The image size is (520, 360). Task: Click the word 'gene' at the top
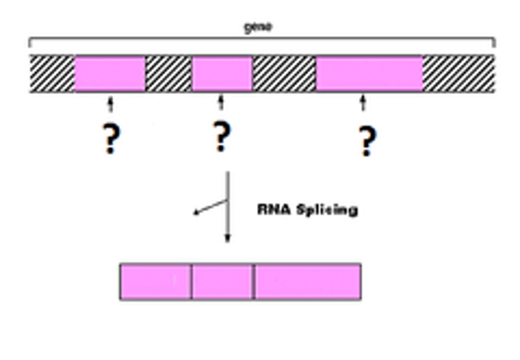258,27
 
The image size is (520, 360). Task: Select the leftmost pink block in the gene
110,74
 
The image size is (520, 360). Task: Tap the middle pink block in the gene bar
222,74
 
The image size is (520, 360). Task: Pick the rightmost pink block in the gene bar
369,74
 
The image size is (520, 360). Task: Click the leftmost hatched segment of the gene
52,74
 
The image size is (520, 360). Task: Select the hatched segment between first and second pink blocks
168,74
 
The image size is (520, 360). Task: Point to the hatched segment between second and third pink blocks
284,74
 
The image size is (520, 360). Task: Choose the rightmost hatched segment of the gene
458,74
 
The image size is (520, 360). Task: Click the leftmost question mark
111,139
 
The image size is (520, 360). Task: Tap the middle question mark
221,136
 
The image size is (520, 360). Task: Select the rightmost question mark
367,141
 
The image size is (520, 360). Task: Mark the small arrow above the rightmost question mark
363,103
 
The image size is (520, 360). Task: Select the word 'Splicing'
327,210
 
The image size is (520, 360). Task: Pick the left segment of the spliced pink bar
155,282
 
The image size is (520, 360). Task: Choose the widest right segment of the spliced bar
308,282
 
